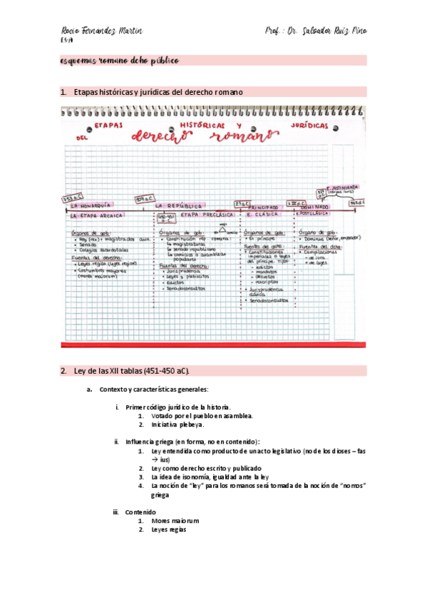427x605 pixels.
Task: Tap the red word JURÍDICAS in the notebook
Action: pos(309,125)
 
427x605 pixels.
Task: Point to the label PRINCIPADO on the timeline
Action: pos(263,205)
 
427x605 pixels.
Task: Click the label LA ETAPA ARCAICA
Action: pos(93,215)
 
